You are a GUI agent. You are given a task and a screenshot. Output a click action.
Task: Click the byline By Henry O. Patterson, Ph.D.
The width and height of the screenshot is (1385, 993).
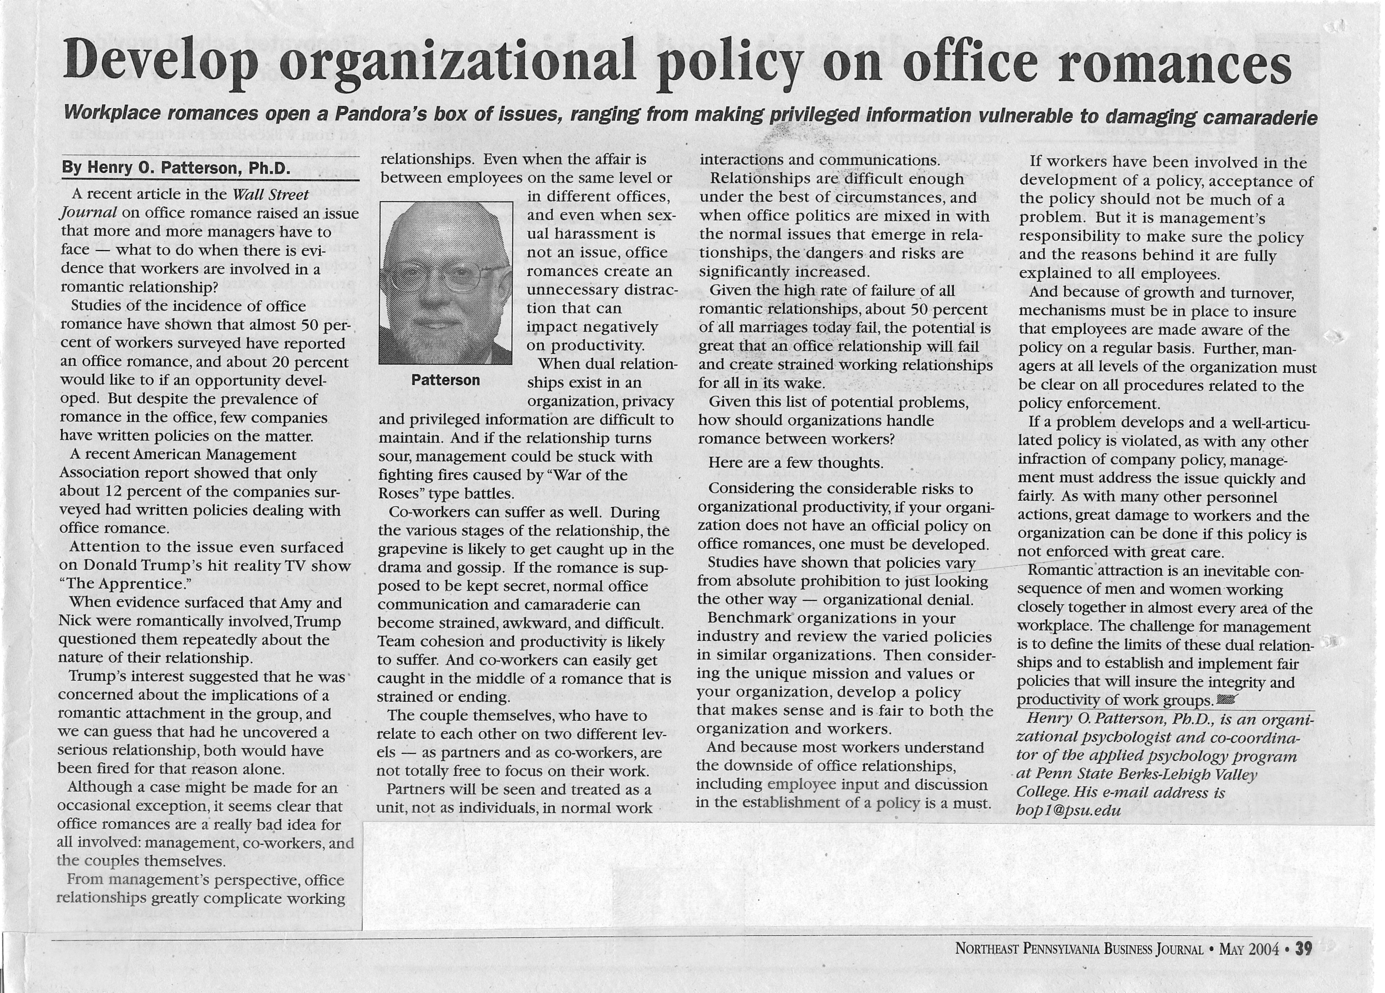point(176,168)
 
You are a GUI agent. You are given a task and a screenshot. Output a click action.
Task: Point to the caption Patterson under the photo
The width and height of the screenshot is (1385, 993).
point(445,380)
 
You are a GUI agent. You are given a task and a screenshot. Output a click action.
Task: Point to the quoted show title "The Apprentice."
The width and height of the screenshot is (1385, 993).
point(125,584)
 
